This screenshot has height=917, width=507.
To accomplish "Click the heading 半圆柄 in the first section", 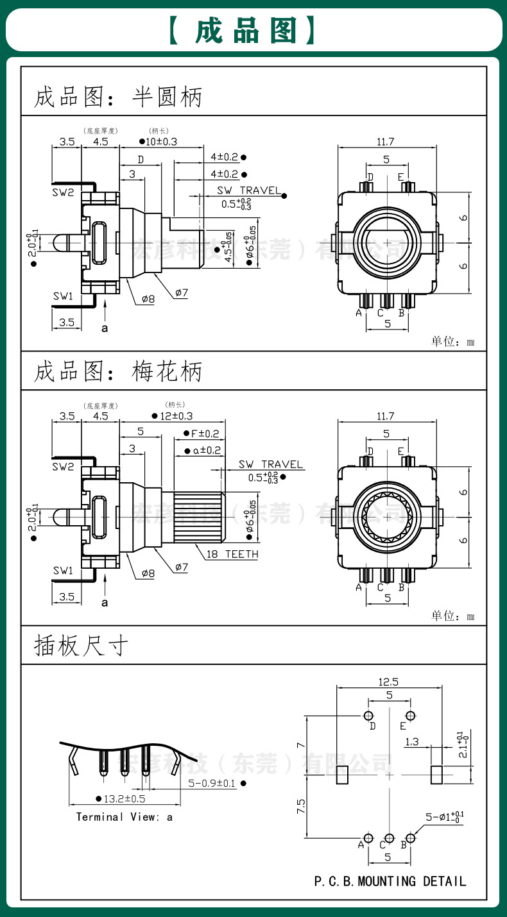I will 167,97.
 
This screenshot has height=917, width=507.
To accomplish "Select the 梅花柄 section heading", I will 167,371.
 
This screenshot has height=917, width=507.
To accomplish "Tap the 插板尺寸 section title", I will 82,646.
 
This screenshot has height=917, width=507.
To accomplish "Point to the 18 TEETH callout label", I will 232,554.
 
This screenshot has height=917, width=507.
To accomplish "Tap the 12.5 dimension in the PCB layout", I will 388,682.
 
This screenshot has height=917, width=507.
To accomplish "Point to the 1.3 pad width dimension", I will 412,742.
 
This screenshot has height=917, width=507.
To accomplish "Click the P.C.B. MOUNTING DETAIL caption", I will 390,881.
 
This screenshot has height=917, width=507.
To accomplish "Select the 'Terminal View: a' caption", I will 124,816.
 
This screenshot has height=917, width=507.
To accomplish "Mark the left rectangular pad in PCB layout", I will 342,775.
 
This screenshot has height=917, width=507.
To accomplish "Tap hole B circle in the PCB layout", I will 410,837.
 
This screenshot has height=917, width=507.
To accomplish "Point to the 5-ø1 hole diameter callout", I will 444,818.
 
